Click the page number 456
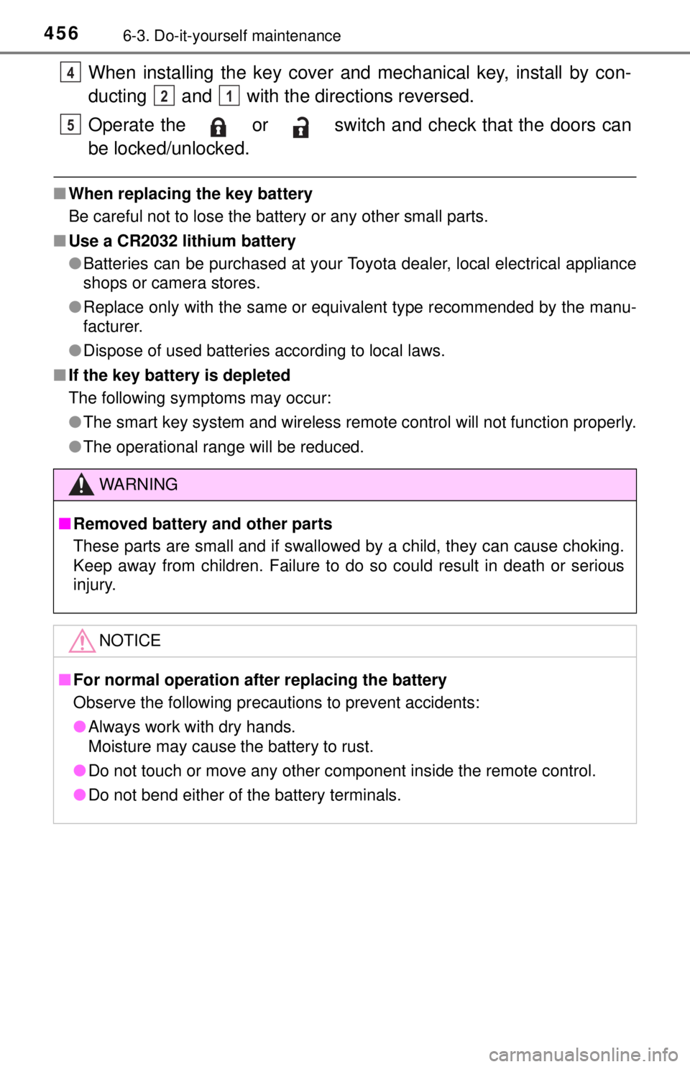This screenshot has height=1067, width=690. [61, 34]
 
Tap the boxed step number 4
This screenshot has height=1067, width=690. [70, 73]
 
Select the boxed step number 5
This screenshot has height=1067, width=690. [70, 125]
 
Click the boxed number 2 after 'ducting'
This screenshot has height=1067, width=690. [165, 96]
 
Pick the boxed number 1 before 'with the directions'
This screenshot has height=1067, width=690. [229, 96]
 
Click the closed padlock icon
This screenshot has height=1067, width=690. [218, 127]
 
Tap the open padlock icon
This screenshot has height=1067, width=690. [300, 127]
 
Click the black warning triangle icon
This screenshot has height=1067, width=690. [81, 485]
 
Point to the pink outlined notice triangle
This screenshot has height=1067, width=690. [82, 641]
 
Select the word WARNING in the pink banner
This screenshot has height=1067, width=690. [139, 485]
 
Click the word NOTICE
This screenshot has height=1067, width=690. [130, 641]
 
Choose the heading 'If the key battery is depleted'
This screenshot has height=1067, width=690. [180, 375]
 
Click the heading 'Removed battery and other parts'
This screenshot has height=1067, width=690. [203, 524]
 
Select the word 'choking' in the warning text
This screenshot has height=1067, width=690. [593, 546]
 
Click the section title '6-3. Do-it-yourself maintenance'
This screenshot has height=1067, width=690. [232, 36]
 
